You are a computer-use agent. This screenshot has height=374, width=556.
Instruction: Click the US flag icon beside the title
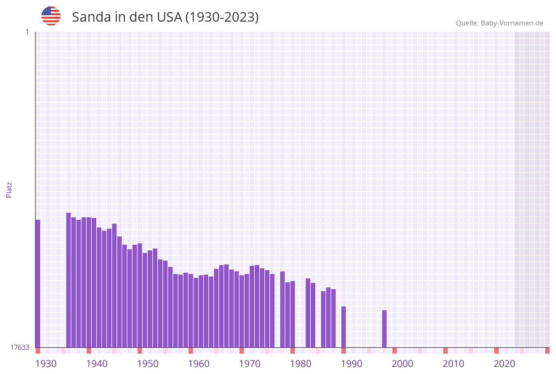pyautogui.click(x=51, y=16)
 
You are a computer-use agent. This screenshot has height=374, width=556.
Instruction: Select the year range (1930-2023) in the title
pyautogui.click(x=222, y=17)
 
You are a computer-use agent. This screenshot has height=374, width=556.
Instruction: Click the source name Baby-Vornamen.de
pyautogui.click(x=512, y=23)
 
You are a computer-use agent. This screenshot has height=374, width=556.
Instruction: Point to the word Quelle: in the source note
pyautogui.click(x=467, y=23)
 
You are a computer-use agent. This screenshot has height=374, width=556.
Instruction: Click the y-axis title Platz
pyautogui.click(x=10, y=189)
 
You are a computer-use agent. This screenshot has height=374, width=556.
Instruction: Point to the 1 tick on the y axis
pyautogui.click(x=27, y=32)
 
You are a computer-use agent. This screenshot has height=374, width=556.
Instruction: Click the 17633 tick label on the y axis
pyautogui.click(x=20, y=347)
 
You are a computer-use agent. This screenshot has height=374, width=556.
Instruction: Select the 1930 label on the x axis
pyautogui.click(x=46, y=364)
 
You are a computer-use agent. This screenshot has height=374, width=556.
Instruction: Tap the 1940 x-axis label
pyautogui.click(x=97, y=364)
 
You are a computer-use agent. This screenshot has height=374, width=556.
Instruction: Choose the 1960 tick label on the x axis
pyautogui.click(x=199, y=364)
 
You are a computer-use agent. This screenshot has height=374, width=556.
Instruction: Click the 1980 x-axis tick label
pyautogui.click(x=301, y=364)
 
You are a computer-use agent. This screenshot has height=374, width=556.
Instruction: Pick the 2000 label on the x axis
pyautogui.click(x=403, y=364)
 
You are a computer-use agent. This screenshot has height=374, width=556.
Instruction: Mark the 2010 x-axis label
pyautogui.click(x=453, y=364)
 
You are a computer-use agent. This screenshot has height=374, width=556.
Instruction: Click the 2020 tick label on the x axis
pyautogui.click(x=504, y=364)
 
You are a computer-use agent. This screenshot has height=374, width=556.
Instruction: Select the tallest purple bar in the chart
pyautogui.click(x=68, y=280)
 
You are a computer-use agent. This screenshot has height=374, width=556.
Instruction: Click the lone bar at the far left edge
pyautogui.click(x=38, y=284)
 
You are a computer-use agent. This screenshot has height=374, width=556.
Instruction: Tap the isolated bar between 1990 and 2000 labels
pyautogui.click(x=384, y=329)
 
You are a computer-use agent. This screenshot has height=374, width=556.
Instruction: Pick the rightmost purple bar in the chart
pyautogui.click(x=384, y=329)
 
